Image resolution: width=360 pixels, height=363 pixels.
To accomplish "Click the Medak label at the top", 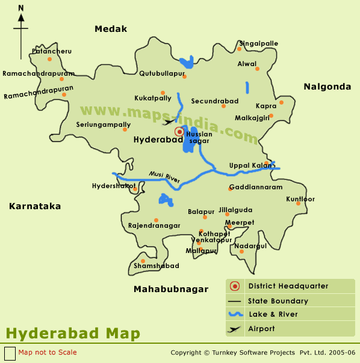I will [x=111, y=29].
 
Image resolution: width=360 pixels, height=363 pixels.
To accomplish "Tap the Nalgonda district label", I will [x=327, y=87].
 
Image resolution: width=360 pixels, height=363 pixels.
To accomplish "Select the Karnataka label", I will [x=35, y=206].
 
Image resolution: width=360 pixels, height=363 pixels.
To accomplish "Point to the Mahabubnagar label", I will [x=171, y=289].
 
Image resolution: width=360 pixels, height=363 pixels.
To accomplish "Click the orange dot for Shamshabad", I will [x=143, y=261].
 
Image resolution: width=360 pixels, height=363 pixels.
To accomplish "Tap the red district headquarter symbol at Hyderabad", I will [x=179, y=132].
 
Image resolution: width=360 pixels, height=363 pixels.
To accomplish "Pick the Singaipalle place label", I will [x=259, y=44].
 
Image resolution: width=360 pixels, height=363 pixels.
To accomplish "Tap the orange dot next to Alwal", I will [x=257, y=69].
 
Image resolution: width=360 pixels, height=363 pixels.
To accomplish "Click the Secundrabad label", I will [x=215, y=101].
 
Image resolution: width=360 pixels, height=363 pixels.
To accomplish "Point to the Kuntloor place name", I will [x=300, y=199].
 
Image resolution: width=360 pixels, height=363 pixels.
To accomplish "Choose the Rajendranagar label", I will [x=154, y=225].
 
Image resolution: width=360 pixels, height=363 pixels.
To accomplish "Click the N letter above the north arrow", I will [x=21, y=8].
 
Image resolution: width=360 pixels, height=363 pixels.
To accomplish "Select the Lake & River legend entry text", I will [x=273, y=314].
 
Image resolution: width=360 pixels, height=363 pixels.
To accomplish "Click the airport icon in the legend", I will [x=234, y=329].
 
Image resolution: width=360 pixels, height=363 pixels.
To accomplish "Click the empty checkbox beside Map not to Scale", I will [x=10, y=353].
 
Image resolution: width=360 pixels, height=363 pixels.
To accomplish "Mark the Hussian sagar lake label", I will [x=199, y=137].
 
